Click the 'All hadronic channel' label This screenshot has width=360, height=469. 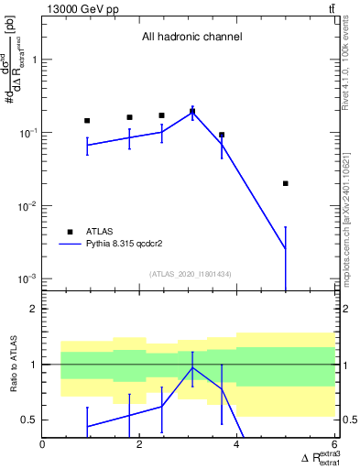191,38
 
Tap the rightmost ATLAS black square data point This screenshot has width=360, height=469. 286,183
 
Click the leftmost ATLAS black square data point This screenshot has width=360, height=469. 87,121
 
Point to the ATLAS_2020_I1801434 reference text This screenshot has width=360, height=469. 191,274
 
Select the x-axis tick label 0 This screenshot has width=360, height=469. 43,446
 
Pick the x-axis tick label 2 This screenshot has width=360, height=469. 140,446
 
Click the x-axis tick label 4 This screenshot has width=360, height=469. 237,446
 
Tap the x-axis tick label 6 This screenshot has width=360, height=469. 333,446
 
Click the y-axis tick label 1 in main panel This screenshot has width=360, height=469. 35,60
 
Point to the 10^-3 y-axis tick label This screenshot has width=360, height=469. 27,278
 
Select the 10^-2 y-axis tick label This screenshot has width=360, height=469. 27,205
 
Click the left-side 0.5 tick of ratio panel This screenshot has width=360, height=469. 30,420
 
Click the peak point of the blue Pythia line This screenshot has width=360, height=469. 192,111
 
